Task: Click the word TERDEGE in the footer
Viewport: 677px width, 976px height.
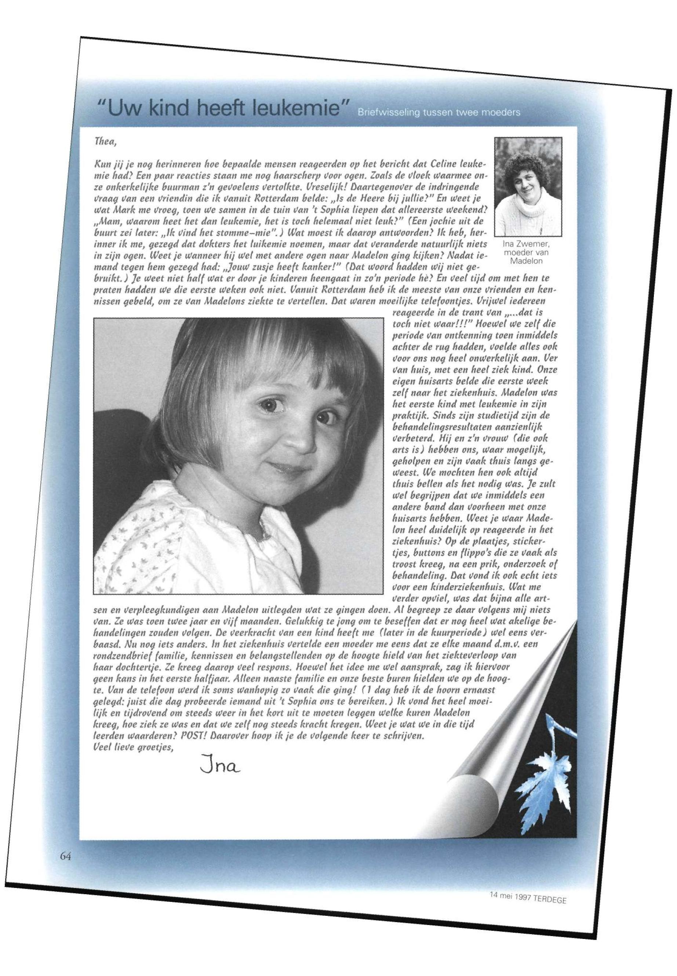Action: pyautogui.click(x=550, y=911)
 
